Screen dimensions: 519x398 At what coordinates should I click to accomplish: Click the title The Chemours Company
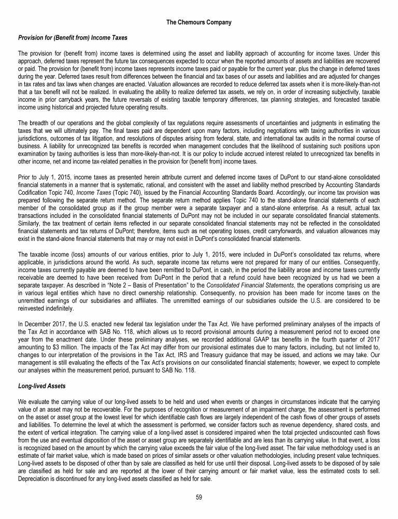point(198,22)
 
